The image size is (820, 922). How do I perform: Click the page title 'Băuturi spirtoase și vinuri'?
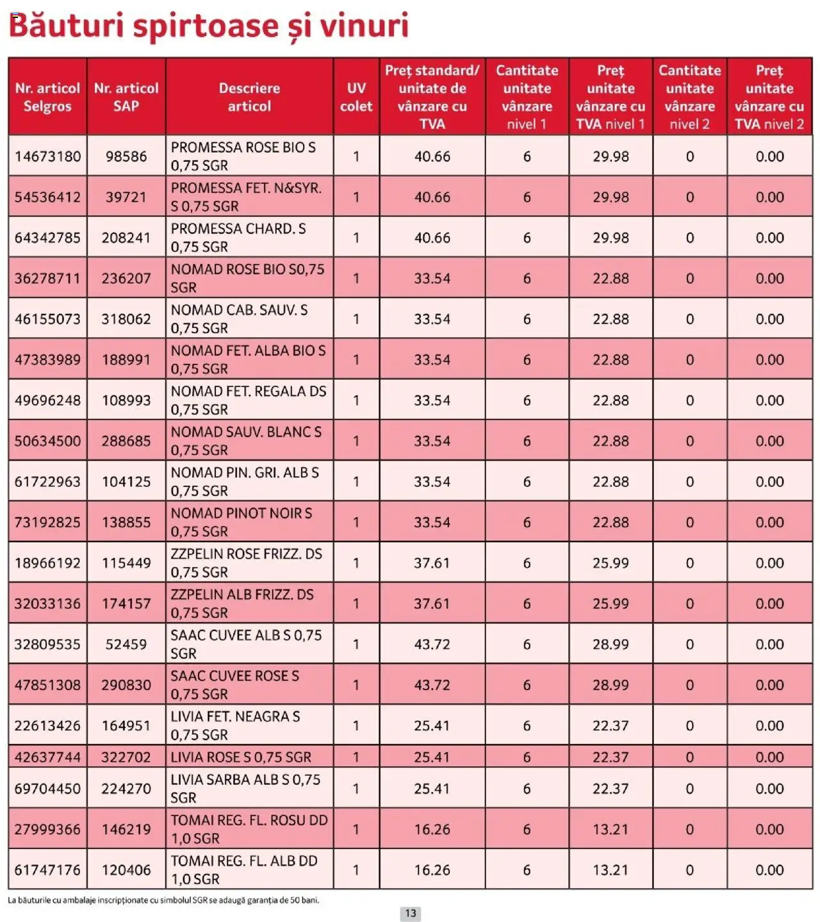click(x=208, y=26)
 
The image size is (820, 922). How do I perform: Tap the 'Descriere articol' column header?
click(x=249, y=97)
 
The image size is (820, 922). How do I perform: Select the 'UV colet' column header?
click(x=356, y=97)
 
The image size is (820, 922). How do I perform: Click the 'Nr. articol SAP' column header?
click(x=126, y=97)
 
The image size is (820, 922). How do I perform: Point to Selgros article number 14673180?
click(x=47, y=156)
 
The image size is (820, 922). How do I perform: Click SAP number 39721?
click(x=126, y=197)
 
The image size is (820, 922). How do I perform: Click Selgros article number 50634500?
click(x=47, y=441)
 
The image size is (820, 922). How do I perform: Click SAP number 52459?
click(x=126, y=644)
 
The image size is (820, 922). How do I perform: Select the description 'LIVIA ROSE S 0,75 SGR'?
click(x=241, y=757)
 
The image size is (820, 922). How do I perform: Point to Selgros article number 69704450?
click(x=47, y=789)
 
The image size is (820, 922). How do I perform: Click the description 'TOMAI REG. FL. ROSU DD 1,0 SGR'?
click(x=249, y=829)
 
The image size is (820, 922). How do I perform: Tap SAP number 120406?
click(x=126, y=870)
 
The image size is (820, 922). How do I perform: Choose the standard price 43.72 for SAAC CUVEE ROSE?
click(x=432, y=685)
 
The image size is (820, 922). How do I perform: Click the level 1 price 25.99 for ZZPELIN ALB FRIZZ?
click(x=610, y=604)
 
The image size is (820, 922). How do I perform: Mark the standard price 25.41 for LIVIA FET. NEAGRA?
click(x=432, y=726)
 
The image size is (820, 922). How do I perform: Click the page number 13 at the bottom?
click(x=410, y=913)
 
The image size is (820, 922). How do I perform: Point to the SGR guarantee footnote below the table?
click(x=163, y=900)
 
